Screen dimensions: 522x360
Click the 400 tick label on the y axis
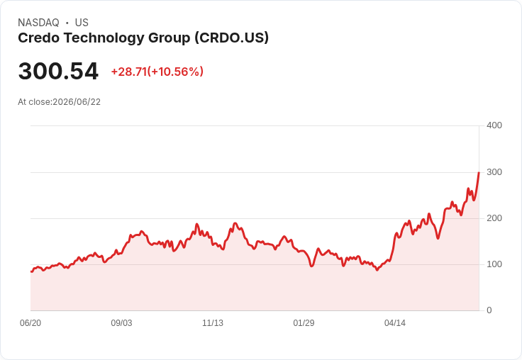tap(494, 125)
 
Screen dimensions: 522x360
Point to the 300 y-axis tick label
tap(494, 172)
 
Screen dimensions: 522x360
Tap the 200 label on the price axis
tap(494, 218)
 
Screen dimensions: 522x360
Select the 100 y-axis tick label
tap(494, 264)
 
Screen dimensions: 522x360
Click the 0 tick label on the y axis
tap(489, 310)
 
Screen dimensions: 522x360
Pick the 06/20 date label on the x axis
tap(30, 322)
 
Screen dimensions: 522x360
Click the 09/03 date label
tap(121, 322)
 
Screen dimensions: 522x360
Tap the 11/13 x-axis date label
tap(213, 322)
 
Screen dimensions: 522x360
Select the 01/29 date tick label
tap(304, 322)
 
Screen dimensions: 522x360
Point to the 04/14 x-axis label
tap(395, 322)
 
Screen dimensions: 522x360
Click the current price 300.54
tap(58, 71)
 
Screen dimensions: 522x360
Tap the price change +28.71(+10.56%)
tap(157, 72)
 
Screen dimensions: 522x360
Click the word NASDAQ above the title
tap(38, 23)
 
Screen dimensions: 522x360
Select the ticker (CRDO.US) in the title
tap(232, 38)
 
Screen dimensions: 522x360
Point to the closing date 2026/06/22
tap(77, 102)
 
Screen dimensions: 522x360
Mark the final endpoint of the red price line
tap(479, 172)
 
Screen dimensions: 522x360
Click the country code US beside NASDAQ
tap(82, 23)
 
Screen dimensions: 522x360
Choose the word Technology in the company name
tap(104, 38)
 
